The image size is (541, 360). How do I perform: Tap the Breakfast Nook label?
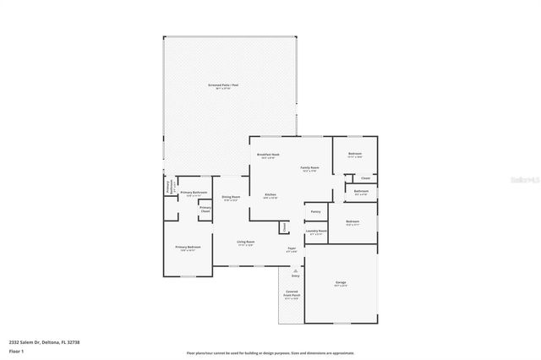[x=269, y=155]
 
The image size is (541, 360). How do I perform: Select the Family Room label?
[x=310, y=168]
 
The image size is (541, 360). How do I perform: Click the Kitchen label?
[x=270, y=195]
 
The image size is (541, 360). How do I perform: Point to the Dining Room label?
[x=231, y=198]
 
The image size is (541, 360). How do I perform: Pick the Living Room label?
[x=246, y=242]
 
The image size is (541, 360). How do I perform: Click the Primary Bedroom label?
[x=187, y=248]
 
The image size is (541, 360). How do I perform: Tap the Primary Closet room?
[x=205, y=210]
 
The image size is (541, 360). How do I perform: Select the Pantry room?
[x=314, y=211]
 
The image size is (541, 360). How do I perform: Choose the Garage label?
[x=341, y=284]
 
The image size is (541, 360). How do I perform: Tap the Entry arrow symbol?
[x=296, y=270]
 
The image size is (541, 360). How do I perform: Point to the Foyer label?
[x=292, y=249]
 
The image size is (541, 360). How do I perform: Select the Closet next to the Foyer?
[x=285, y=227]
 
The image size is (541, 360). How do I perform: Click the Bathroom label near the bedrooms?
[x=362, y=192]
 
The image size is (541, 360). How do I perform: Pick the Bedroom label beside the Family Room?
[x=355, y=154]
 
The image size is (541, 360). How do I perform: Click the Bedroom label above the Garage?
[x=352, y=223]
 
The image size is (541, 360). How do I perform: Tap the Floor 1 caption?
[x=16, y=351]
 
